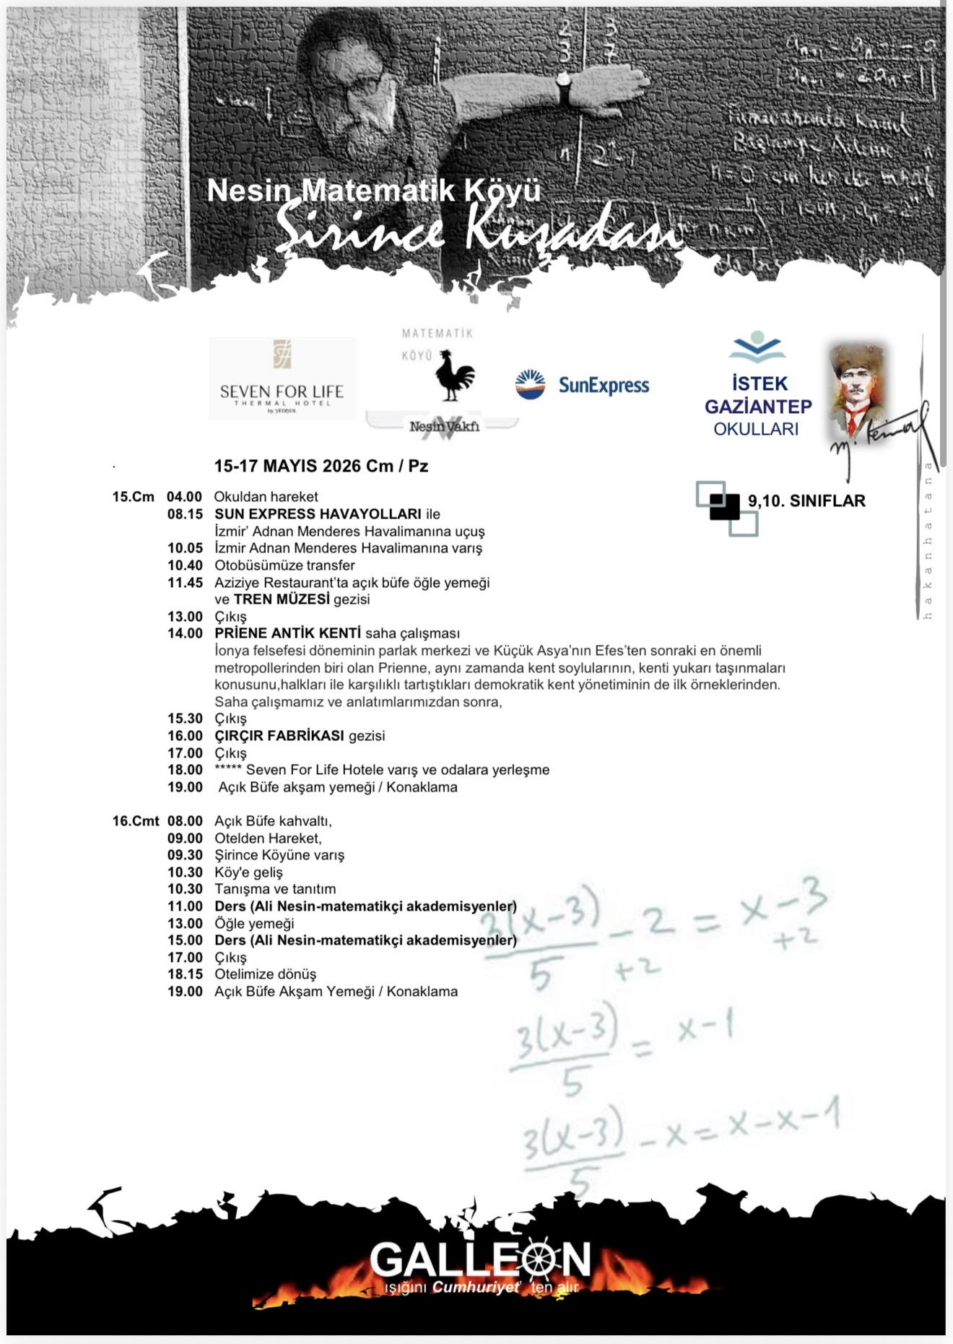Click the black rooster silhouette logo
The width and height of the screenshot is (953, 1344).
click(x=454, y=375)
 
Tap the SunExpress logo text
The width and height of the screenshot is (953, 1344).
click(x=604, y=385)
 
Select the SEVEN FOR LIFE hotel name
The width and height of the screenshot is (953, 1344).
click(x=282, y=391)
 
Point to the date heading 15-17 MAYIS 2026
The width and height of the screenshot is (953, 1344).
click(x=321, y=466)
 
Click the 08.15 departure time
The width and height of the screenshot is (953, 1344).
click(x=185, y=514)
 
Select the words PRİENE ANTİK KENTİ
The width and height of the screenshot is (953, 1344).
click(x=287, y=633)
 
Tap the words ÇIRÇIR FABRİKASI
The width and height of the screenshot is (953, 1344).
click(x=279, y=736)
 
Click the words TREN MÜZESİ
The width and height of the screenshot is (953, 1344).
click(x=282, y=599)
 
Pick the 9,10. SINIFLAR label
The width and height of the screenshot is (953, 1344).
click(x=806, y=500)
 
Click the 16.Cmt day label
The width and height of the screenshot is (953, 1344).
click(x=136, y=821)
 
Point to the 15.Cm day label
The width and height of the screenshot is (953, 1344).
click(x=133, y=497)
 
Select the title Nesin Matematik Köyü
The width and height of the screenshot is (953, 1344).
click(x=373, y=191)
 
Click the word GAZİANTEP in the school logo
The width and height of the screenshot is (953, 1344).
click(x=758, y=406)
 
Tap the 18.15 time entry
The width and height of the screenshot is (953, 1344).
click(x=185, y=974)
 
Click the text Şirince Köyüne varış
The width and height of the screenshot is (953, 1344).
click(x=279, y=855)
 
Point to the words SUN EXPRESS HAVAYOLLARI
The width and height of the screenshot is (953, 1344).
click(x=318, y=514)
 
